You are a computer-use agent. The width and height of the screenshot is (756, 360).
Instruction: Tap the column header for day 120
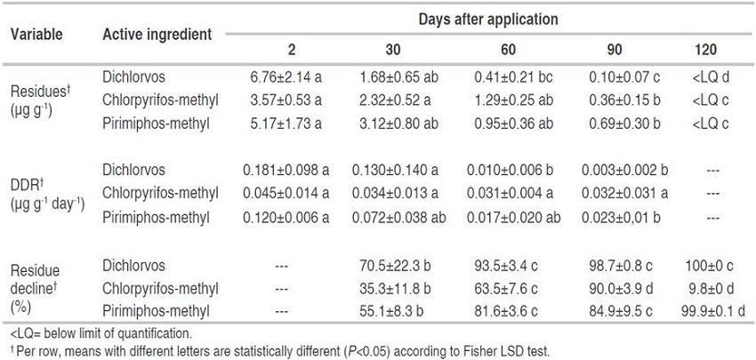[705, 51]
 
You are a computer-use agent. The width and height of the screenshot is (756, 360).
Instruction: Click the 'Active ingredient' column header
[157, 35]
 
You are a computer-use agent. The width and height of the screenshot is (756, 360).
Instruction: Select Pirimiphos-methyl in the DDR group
[156, 214]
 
